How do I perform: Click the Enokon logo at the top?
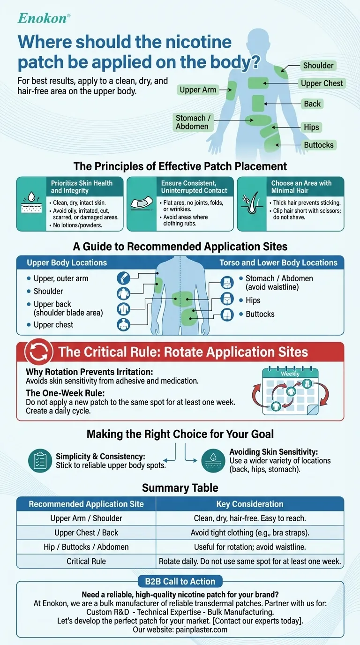point(44,18)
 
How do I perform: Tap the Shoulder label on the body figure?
point(318,66)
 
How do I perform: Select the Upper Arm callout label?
point(198,90)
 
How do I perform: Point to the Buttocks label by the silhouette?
point(318,145)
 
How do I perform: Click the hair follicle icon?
point(254,204)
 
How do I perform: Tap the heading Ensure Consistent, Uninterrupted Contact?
point(194,187)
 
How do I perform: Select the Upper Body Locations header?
point(67,262)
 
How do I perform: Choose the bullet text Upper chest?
point(53,325)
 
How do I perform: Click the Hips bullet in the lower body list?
point(253,300)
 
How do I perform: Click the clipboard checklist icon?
point(39,460)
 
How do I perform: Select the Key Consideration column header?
point(249,504)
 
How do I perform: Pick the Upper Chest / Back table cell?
point(86,532)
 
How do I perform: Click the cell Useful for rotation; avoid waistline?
point(249,547)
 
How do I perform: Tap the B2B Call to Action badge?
point(180,582)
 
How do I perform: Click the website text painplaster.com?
point(202,630)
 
